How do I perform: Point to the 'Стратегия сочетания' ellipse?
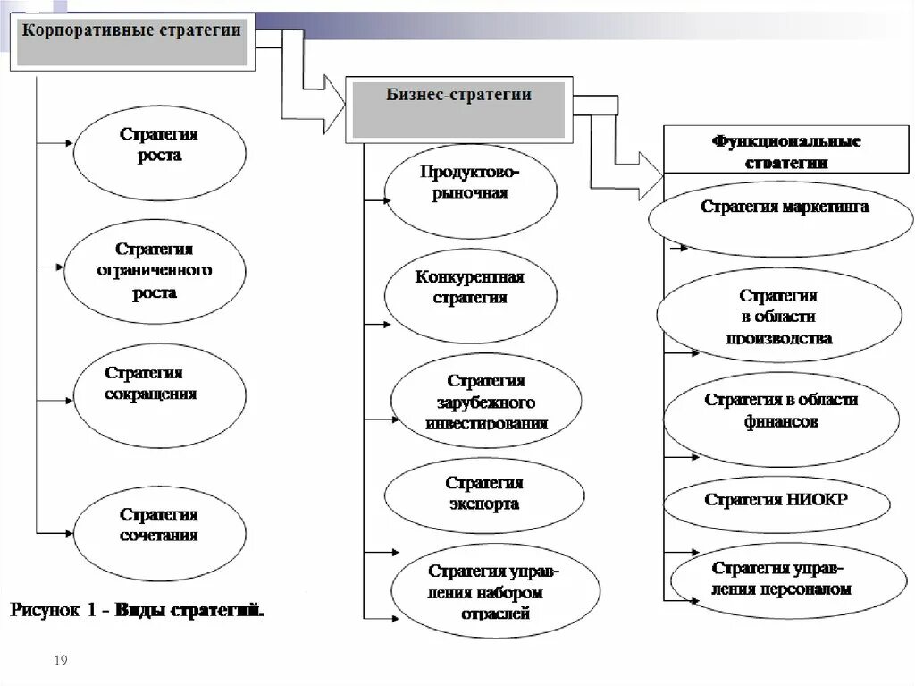click(x=160, y=526)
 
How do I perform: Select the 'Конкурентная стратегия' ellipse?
click(x=471, y=289)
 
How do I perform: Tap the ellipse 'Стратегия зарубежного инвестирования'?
click(x=486, y=402)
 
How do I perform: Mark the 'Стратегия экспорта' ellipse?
click(x=484, y=495)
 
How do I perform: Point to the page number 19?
click(x=62, y=661)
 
